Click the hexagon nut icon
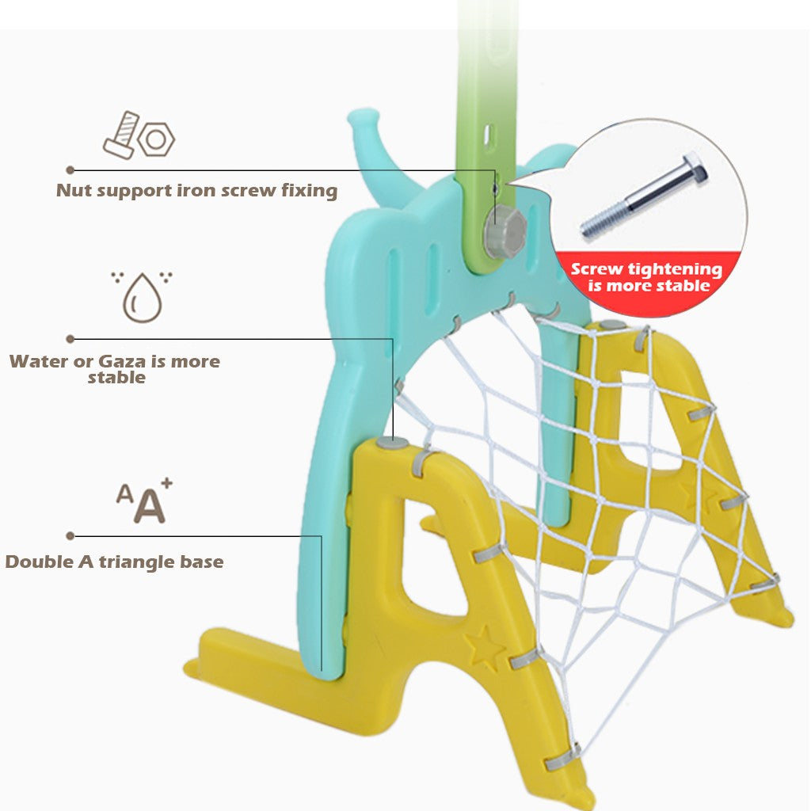tap(156, 139)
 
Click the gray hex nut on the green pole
tap(504, 230)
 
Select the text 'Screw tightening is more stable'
tap(647, 276)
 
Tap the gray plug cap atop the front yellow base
tap(392, 442)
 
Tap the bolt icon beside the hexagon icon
tap(121, 135)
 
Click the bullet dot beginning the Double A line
tap(70, 536)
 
